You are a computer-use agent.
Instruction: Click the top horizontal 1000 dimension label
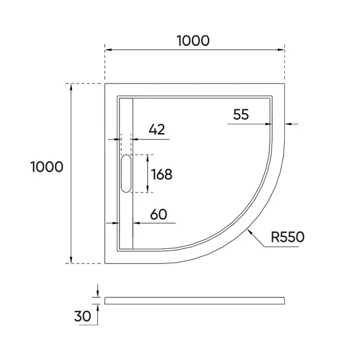tap(193, 40)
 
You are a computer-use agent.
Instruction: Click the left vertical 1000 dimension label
tap(46, 167)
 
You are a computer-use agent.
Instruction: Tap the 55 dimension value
tap(241, 114)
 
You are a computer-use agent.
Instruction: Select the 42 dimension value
tap(157, 129)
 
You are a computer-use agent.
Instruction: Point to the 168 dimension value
tap(162, 174)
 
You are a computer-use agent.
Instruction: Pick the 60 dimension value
tap(159, 214)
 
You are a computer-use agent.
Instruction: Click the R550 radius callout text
tap(287, 237)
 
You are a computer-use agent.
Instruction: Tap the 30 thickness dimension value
tap(81, 316)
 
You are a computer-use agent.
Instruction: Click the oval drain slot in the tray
tap(125, 174)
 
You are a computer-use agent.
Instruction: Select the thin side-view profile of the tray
tap(196, 300)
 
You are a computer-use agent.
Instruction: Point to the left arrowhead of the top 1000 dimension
tap(108, 49)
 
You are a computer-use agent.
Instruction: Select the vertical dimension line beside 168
tap(147, 174)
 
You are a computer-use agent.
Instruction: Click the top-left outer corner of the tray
tap(105, 84)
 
